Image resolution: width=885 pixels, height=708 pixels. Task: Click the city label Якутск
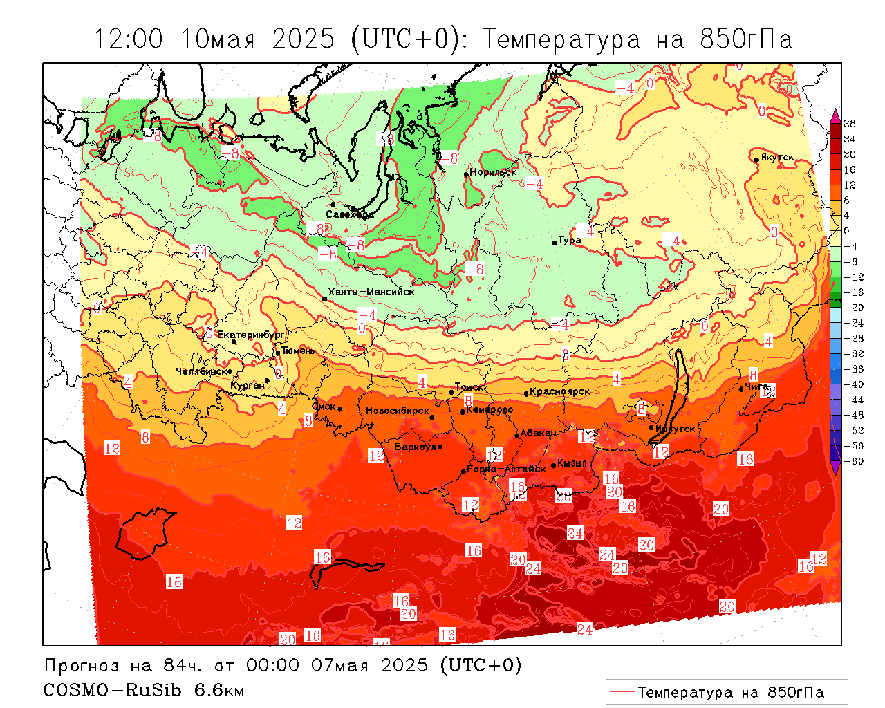point(778,158)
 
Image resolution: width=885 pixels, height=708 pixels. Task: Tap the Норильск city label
point(493,172)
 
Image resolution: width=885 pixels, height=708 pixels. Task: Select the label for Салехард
point(350,214)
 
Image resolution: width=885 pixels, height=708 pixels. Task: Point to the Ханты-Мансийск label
point(371,292)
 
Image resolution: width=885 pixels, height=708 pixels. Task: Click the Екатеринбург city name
point(250,335)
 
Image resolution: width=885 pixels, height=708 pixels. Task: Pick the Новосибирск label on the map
point(397,411)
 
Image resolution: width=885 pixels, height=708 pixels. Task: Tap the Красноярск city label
point(560,391)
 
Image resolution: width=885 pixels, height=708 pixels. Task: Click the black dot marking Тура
point(555,242)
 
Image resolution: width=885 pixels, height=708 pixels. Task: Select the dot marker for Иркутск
point(651,427)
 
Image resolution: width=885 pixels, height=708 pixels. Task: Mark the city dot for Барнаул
point(440,447)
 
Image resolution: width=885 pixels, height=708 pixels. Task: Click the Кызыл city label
point(572,463)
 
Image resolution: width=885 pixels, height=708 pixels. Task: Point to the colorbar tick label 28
point(850,124)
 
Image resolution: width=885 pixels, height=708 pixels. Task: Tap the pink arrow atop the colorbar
point(835,115)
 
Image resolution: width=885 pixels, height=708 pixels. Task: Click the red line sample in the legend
point(621,691)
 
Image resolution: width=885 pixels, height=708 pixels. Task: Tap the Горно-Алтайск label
point(506,469)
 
